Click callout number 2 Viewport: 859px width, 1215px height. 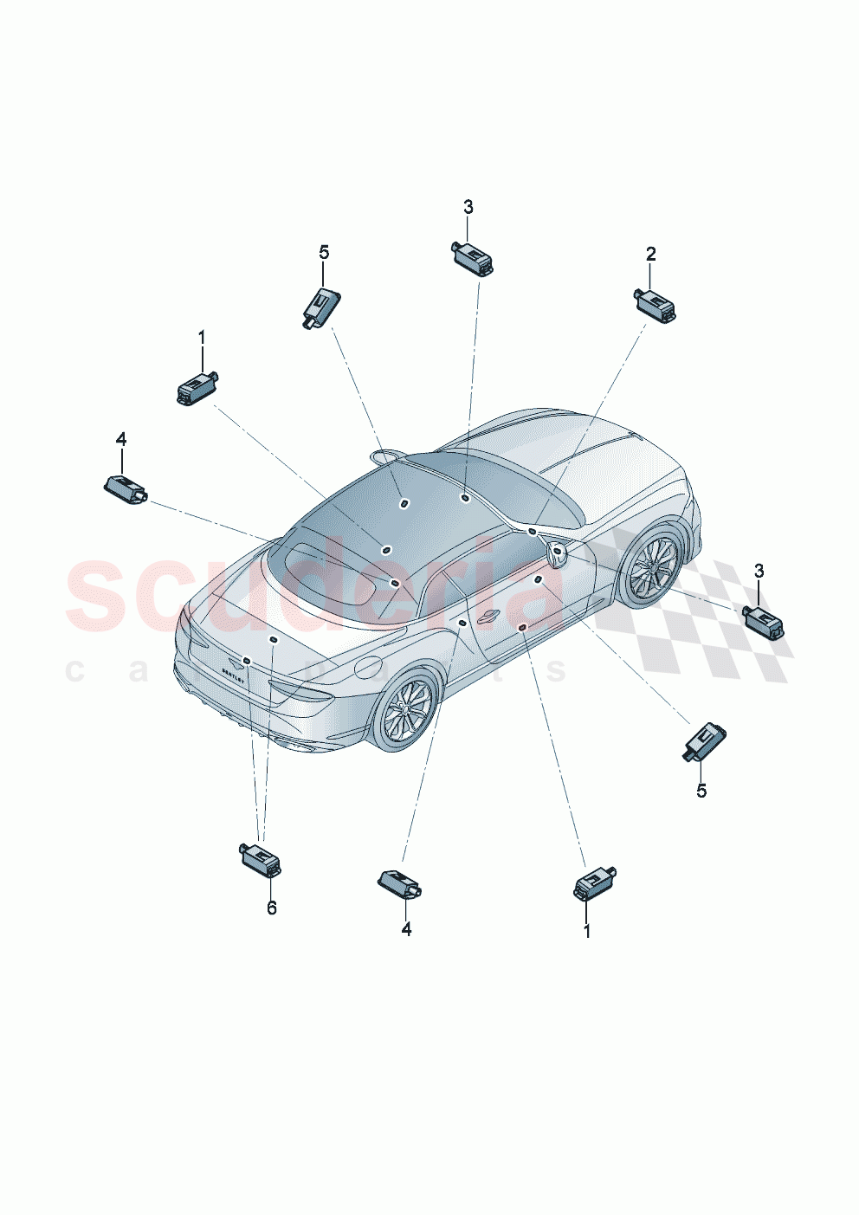tap(650, 254)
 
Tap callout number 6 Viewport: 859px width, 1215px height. tap(271, 908)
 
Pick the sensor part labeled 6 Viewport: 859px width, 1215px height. tap(261, 859)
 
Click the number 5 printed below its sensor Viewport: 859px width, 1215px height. tap(701, 791)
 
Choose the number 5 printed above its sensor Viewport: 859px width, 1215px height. tap(324, 252)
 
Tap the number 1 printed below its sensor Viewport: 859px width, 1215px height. tap(587, 931)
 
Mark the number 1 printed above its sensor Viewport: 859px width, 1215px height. tap(202, 336)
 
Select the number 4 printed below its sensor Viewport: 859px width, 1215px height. tap(406, 929)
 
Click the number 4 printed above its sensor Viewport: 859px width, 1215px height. tap(121, 440)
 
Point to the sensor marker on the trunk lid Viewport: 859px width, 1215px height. tap(273, 640)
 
